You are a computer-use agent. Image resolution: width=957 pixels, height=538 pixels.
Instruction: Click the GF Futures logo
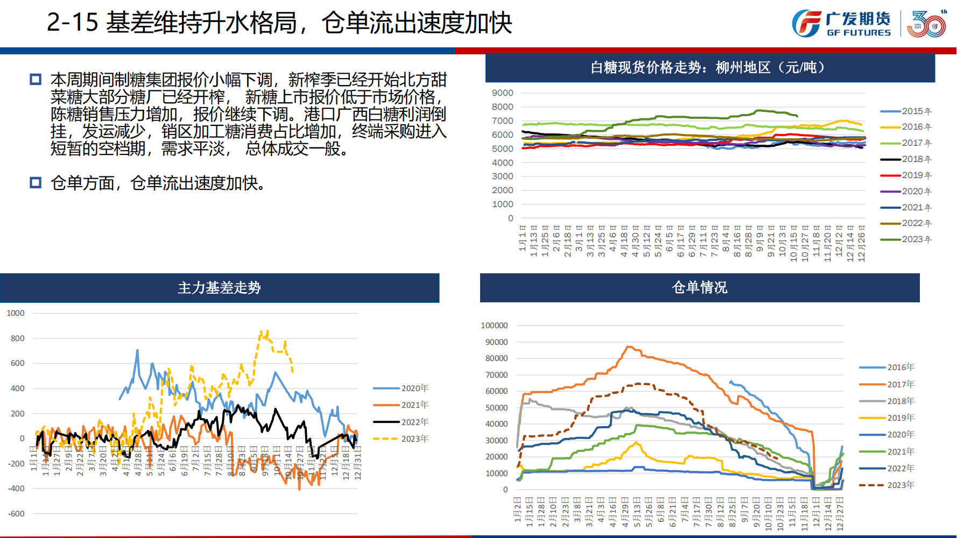click(x=841, y=24)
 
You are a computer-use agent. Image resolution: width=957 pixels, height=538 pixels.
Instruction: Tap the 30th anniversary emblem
click(x=927, y=24)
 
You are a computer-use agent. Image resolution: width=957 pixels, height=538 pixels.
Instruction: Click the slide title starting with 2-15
click(x=279, y=23)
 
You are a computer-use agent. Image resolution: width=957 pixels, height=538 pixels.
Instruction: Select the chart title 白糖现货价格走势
click(x=709, y=68)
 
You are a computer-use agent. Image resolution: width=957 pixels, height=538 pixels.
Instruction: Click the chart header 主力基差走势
click(x=219, y=288)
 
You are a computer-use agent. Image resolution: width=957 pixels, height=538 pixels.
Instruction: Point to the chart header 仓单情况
click(x=699, y=288)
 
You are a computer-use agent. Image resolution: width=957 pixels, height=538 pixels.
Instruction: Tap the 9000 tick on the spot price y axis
click(x=503, y=93)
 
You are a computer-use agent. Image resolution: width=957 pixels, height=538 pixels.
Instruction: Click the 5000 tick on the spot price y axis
click(x=503, y=148)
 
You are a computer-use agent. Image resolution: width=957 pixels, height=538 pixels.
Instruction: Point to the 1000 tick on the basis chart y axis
click(x=16, y=313)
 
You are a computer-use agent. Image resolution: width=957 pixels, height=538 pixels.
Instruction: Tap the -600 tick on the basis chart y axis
click(x=16, y=514)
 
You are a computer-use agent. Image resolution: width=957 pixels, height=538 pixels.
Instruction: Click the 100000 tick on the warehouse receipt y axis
click(x=494, y=325)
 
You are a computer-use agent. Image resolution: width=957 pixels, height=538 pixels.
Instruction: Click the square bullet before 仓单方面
click(x=36, y=183)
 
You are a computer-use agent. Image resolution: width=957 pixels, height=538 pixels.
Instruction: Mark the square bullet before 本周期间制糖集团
click(x=36, y=80)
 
